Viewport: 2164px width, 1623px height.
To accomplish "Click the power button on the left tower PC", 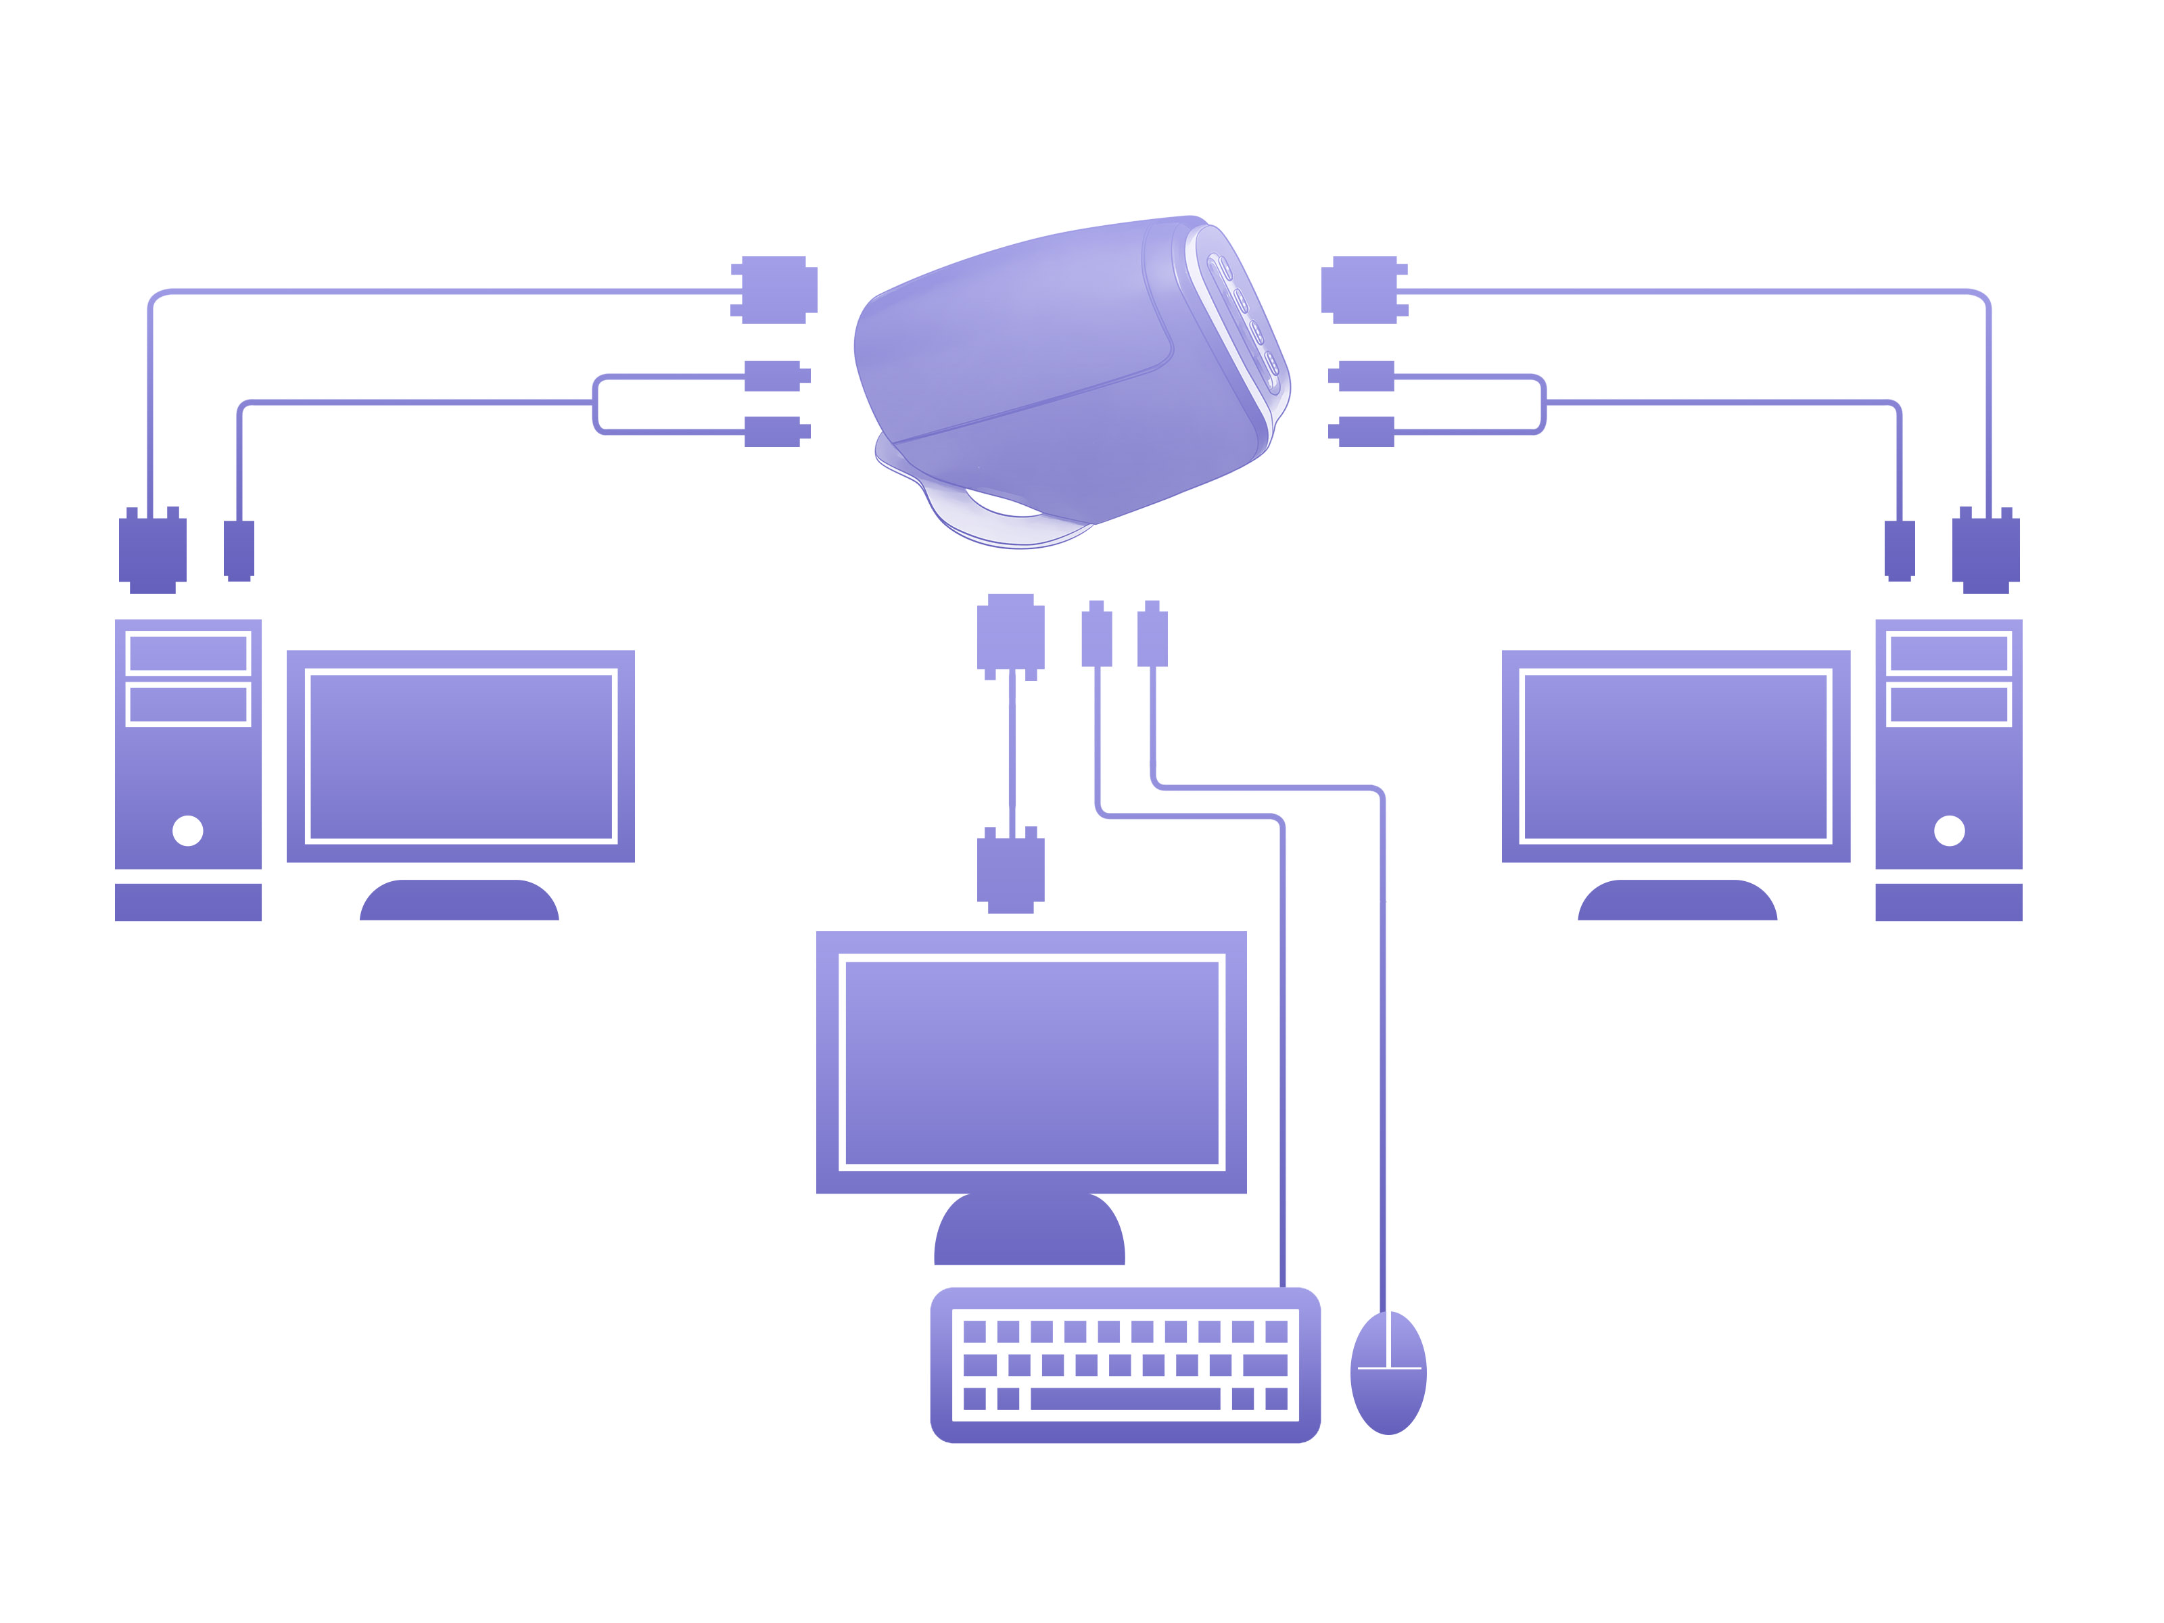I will pyautogui.click(x=188, y=830).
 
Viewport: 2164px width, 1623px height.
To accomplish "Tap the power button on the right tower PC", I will pyautogui.click(x=1949, y=830).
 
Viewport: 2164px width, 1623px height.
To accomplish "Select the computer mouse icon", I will pyautogui.click(x=1388, y=1373).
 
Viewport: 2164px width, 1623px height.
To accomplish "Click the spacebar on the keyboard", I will pyautogui.click(x=1125, y=1399).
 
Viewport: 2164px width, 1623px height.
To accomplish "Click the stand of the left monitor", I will pyautogui.click(x=458, y=900).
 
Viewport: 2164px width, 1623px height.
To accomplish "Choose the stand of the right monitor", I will pyautogui.click(x=1677, y=900).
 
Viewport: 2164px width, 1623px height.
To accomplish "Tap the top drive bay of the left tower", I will pyautogui.click(x=188, y=653).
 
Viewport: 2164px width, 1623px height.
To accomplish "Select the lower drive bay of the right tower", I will pyautogui.click(x=1949, y=705).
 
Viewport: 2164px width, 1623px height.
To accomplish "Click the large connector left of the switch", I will pyautogui.click(x=774, y=289).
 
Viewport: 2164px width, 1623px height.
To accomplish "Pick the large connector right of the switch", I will pyautogui.click(x=1364, y=289).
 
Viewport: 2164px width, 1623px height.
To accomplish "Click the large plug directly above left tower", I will pyautogui.click(x=153, y=550).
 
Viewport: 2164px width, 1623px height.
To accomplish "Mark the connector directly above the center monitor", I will pyautogui.click(x=1010, y=870).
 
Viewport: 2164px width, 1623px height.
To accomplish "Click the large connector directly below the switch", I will pyautogui.click(x=1010, y=636).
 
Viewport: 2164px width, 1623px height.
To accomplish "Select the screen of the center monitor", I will pyautogui.click(x=1031, y=1062).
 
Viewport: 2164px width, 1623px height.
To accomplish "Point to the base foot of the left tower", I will pyautogui.click(x=188, y=902).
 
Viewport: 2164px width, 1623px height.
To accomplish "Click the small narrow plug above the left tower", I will pyautogui.click(x=239, y=550).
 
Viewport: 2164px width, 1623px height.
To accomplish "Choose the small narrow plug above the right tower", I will pyautogui.click(x=1899, y=550).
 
